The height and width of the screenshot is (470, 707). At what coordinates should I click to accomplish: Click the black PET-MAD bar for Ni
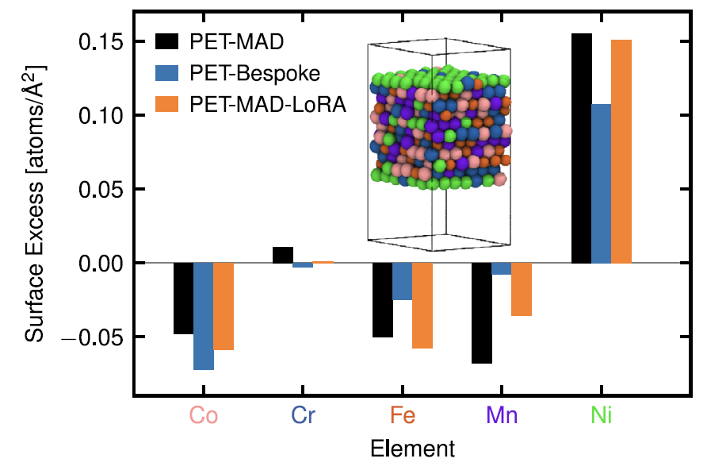(581, 148)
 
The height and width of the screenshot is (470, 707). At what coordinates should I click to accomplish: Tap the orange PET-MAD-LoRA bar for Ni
(621, 151)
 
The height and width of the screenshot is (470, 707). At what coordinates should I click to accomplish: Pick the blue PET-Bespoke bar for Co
(204, 316)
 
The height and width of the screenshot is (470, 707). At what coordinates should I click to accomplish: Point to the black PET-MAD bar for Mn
(482, 313)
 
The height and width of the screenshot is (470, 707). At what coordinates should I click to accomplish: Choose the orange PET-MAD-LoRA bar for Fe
(422, 306)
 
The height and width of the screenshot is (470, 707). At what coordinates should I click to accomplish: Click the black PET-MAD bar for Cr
(283, 255)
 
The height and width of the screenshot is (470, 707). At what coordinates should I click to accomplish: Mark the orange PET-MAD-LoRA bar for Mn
(522, 290)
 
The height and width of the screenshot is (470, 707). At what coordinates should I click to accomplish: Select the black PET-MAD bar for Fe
(383, 300)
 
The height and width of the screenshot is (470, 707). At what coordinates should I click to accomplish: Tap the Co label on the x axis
(204, 415)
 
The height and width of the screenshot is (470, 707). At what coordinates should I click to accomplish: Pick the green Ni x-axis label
(602, 415)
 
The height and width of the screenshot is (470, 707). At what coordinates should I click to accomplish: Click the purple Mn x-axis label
(502, 415)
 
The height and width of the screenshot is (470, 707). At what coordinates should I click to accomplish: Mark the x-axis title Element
(412, 449)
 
